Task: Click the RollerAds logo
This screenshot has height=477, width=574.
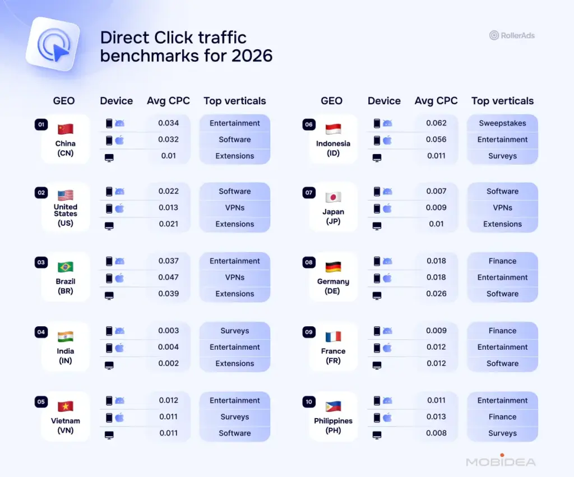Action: pyautogui.click(x=512, y=35)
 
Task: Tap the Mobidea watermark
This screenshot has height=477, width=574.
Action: pyautogui.click(x=501, y=461)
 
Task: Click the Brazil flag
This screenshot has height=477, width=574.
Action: pyautogui.click(x=66, y=267)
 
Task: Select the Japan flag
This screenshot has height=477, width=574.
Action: pyautogui.click(x=333, y=197)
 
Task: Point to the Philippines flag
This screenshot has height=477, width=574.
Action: pyautogui.click(x=333, y=406)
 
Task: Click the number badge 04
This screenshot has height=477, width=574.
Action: pyautogui.click(x=41, y=332)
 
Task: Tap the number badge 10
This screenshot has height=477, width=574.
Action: pyautogui.click(x=309, y=401)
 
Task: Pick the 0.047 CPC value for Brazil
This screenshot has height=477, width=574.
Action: pyautogui.click(x=168, y=277)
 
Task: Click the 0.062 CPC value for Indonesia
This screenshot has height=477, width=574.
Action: pyautogui.click(x=436, y=123)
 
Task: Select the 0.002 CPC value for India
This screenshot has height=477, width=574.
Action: pyautogui.click(x=168, y=364)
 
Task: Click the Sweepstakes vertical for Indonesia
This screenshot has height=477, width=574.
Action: pyautogui.click(x=502, y=123)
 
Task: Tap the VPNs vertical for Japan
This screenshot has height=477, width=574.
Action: pyautogui.click(x=502, y=208)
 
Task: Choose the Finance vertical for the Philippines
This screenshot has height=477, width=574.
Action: pyautogui.click(x=502, y=417)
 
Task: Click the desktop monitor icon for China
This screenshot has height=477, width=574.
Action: pyautogui.click(x=109, y=158)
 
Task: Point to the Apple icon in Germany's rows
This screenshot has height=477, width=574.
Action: pyautogui.click(x=387, y=278)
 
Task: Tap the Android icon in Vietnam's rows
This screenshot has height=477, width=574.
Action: pyautogui.click(x=119, y=401)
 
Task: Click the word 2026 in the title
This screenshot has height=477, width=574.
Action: pyautogui.click(x=252, y=56)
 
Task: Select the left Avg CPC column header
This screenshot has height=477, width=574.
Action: pyautogui.click(x=168, y=101)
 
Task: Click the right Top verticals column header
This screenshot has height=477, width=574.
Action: pyautogui.click(x=502, y=101)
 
